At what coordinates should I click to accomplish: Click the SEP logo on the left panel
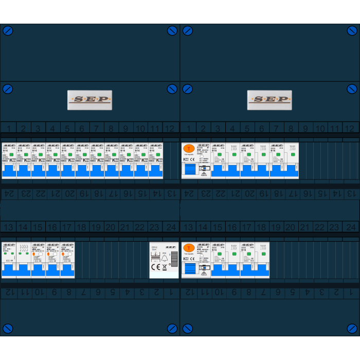click(x=89, y=100)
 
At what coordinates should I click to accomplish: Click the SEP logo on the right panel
click(x=269, y=100)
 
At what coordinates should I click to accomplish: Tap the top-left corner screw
click(x=8, y=30)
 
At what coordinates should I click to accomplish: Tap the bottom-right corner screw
click(x=352, y=329)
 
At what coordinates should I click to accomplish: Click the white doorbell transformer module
click(x=164, y=260)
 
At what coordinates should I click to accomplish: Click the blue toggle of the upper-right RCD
click(x=190, y=170)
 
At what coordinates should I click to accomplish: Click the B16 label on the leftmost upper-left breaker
click(x=6, y=151)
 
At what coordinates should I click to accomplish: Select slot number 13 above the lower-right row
click(x=188, y=227)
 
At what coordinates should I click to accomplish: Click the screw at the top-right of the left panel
click(x=172, y=30)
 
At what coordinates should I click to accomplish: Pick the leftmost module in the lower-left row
click(x=9, y=260)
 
